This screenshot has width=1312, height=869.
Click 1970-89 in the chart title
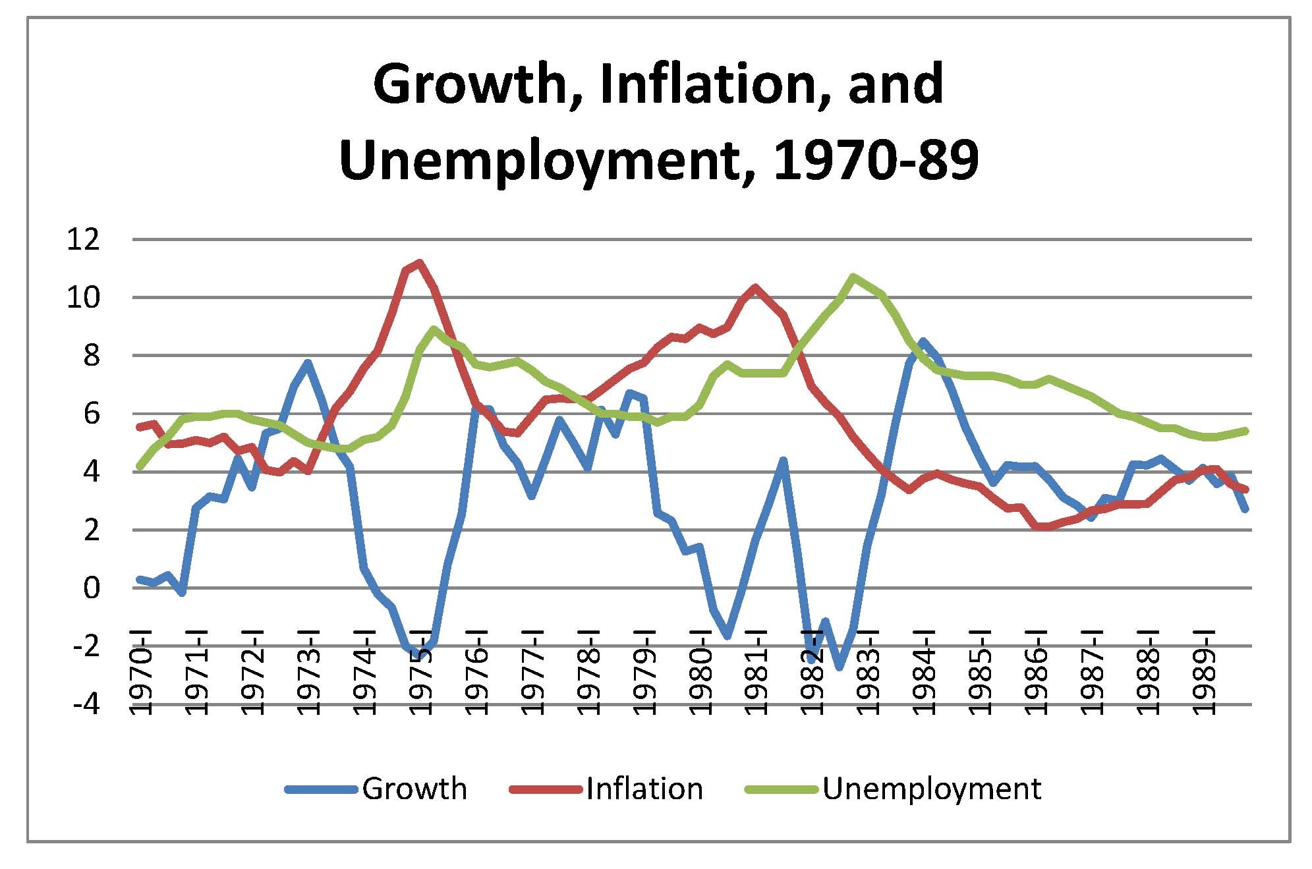click(x=876, y=160)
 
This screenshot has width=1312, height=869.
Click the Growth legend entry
click(x=414, y=789)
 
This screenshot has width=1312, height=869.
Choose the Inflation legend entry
click(x=644, y=789)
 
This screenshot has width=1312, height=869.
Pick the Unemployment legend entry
click(x=931, y=789)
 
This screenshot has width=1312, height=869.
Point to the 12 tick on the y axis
click(x=83, y=239)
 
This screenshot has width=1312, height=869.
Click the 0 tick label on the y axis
click(x=92, y=588)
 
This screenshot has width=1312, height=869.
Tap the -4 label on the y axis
click(x=86, y=704)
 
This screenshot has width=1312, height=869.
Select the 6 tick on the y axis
click(x=92, y=414)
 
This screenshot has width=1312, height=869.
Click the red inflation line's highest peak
click(x=419, y=263)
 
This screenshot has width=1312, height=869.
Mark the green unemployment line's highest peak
click(x=853, y=277)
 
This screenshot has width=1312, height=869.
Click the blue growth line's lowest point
click(x=840, y=667)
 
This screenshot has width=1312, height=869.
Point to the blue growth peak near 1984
click(x=923, y=341)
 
